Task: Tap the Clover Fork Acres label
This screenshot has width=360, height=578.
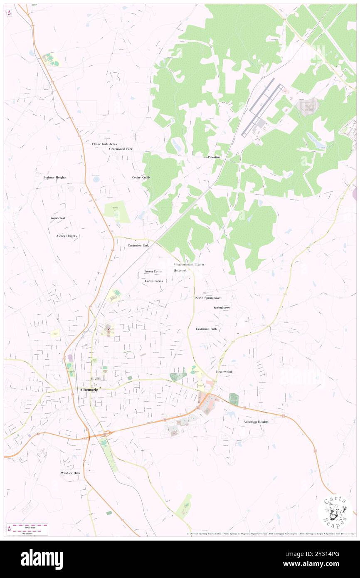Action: pyautogui.click(x=104, y=144)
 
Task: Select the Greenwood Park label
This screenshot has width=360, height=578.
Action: pyautogui.click(x=121, y=149)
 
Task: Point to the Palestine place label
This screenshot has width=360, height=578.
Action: pyautogui.click(x=214, y=158)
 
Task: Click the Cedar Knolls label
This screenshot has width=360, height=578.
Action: pyautogui.click(x=141, y=178)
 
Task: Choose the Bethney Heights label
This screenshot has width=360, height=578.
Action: pyautogui.click(x=55, y=178)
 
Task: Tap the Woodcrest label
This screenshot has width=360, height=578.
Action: pyautogui.click(x=58, y=218)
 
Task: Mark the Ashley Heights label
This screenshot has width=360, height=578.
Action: pyautogui.click(x=67, y=236)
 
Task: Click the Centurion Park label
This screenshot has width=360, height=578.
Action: pyautogui.click(x=138, y=246)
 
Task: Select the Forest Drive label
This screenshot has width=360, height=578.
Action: pyautogui.click(x=153, y=272)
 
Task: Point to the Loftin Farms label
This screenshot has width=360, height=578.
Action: pyautogui.click(x=154, y=281)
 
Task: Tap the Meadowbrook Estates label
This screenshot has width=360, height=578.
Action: pyautogui.click(x=189, y=264)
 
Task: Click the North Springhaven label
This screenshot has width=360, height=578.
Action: pyautogui.click(x=208, y=298)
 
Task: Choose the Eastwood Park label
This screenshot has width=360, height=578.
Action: pyautogui.click(x=207, y=329)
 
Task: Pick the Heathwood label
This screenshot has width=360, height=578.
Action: pyautogui.click(x=224, y=372)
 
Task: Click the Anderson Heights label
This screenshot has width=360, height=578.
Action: pyautogui.click(x=256, y=422)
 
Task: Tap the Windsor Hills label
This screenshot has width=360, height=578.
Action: pyautogui.click(x=70, y=473)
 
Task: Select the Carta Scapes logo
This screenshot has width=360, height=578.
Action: pyautogui.click(x=335, y=512)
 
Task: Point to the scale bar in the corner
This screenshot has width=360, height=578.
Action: pyautogui.click(x=27, y=529)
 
